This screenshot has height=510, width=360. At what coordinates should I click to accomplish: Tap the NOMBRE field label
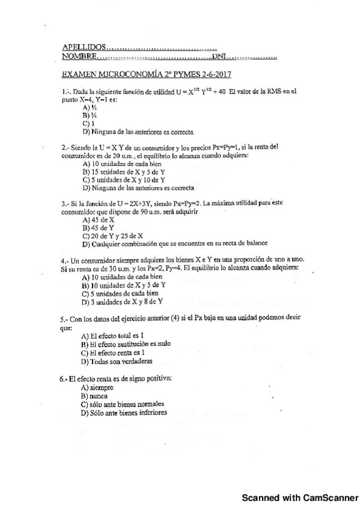coord(79,57)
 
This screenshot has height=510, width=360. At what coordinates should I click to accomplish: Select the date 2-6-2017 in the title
coord(214,75)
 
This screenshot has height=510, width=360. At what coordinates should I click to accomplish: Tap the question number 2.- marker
coord(66,147)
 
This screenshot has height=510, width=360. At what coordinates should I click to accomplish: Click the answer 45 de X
coord(98,220)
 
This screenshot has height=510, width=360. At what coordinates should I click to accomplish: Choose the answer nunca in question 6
coord(100,396)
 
